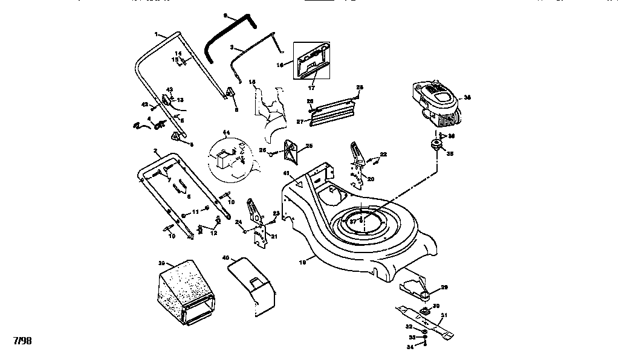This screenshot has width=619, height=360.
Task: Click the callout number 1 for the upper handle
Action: (155, 34)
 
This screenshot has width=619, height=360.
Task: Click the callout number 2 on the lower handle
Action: (156, 150)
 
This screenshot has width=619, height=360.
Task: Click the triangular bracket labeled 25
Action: (293, 150)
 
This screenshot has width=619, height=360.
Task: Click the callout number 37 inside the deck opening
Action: (352, 221)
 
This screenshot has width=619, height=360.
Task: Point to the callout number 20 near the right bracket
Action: (371, 179)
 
